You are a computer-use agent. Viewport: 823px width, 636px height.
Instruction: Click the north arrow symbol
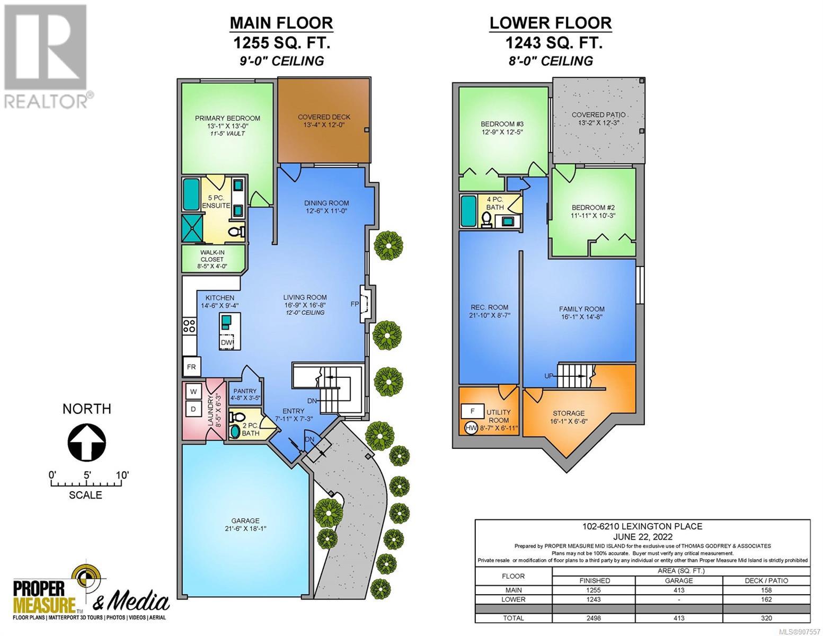coord(87,442)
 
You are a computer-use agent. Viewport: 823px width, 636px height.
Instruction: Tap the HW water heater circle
coord(471,428)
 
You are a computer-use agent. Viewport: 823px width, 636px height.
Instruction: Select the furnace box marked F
coord(472,411)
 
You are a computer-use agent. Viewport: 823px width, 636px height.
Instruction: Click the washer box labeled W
coord(193,392)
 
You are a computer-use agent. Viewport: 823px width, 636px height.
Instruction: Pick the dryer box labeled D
coord(193,409)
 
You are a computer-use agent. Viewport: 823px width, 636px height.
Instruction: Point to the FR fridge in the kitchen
coord(191,367)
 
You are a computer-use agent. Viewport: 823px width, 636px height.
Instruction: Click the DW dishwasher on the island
coord(226,342)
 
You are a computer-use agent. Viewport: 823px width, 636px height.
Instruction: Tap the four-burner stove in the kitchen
coord(189,325)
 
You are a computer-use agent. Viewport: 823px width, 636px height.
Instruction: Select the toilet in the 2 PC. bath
coord(237,417)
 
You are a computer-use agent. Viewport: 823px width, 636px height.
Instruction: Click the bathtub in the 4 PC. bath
coord(468,211)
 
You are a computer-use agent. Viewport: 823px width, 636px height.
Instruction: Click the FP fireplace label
coord(355,304)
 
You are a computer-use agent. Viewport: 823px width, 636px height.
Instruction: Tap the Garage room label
coord(245,520)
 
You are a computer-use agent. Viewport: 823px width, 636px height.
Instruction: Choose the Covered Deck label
coord(324,117)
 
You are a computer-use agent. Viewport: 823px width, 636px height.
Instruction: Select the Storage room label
coord(569,413)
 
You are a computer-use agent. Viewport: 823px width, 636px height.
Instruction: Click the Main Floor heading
coord(281,23)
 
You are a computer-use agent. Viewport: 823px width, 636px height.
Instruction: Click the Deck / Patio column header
coord(766,580)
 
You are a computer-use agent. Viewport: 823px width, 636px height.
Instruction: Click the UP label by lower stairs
coord(549,376)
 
